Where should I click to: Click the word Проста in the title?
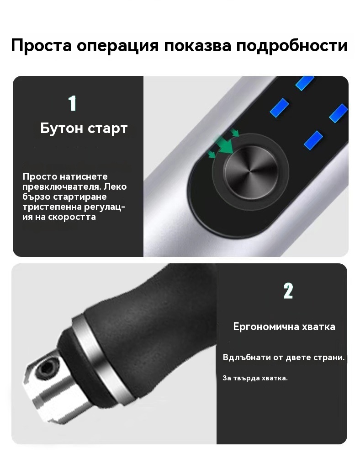point(42,46)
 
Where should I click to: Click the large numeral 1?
point(72,103)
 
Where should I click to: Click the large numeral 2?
point(288,291)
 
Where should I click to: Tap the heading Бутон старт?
point(84,128)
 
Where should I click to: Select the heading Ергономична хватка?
point(284,327)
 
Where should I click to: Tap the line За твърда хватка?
point(255,378)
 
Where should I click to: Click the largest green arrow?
point(225,144)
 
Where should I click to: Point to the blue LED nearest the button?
point(313,140)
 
